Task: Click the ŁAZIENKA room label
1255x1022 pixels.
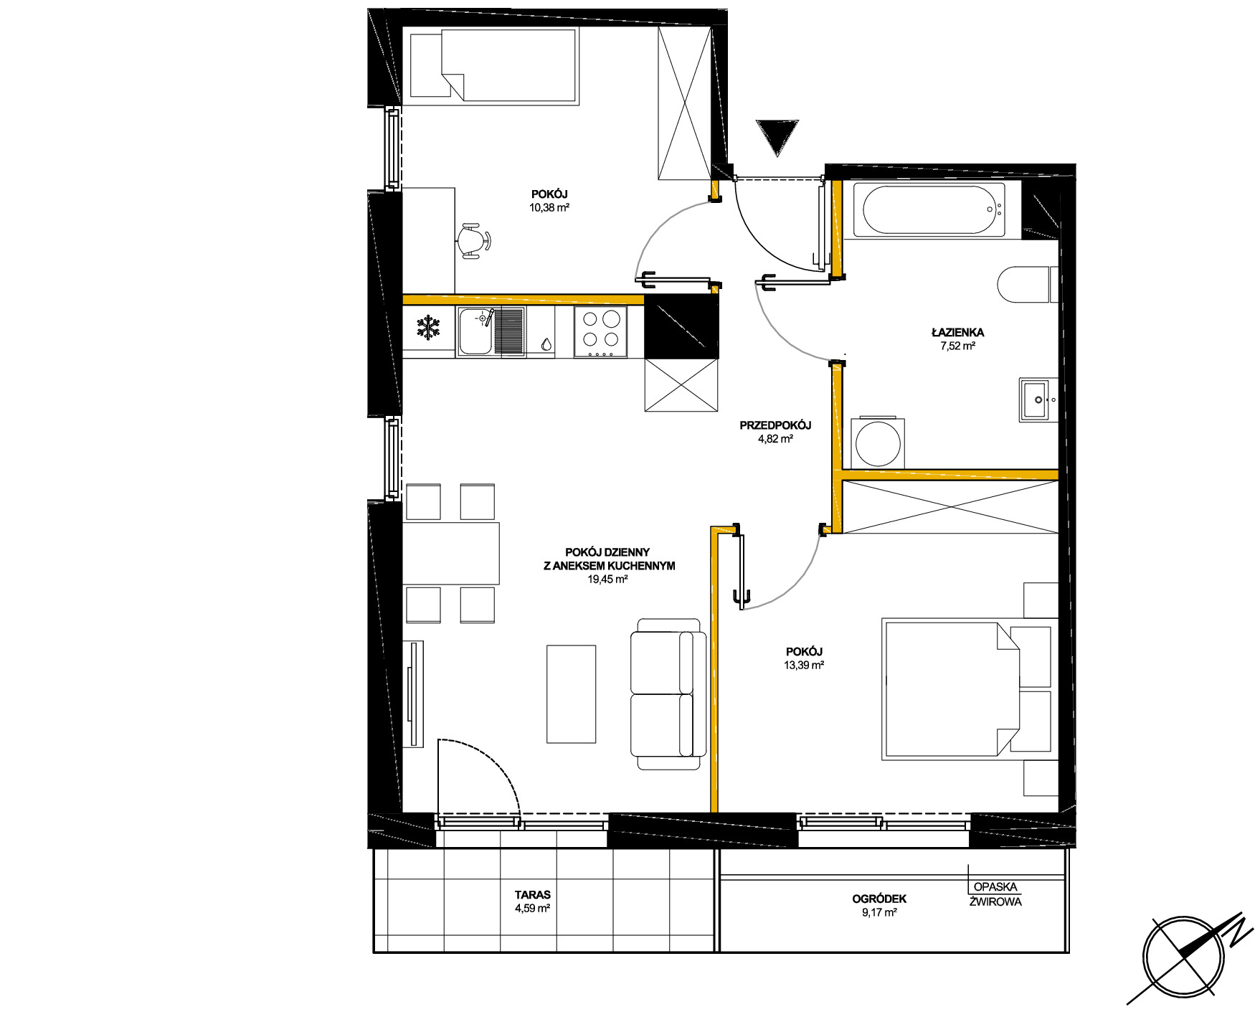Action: click(x=957, y=332)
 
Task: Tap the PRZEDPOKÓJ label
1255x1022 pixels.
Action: click(x=775, y=425)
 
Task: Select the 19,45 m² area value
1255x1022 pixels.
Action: click(x=607, y=579)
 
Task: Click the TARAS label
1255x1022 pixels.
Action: click(x=532, y=895)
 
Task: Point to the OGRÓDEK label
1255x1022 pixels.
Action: click(x=879, y=899)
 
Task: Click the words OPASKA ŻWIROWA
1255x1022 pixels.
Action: click(x=995, y=894)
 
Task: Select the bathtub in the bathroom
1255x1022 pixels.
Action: click(x=933, y=210)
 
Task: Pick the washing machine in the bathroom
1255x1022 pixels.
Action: click(x=877, y=442)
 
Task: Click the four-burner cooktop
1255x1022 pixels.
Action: click(x=601, y=332)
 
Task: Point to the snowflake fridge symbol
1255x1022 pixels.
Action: click(x=428, y=328)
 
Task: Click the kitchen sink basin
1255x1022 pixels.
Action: click(x=475, y=332)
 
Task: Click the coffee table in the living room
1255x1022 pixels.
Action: click(x=572, y=694)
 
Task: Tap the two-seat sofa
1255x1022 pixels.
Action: click(x=666, y=694)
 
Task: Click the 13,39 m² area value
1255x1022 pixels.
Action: click(x=804, y=666)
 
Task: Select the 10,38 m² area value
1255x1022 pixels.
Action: click(x=549, y=208)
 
